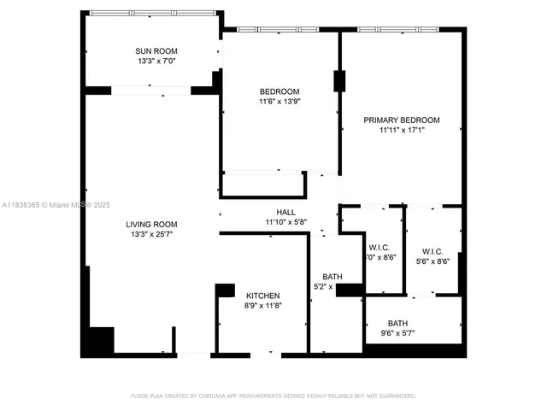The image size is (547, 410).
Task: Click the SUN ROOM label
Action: pyautogui.click(x=156, y=50)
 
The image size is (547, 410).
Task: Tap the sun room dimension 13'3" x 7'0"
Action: pyautogui.click(x=156, y=61)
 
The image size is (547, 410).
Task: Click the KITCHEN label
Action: pyautogui.click(x=262, y=296)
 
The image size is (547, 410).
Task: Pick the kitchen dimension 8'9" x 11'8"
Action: pyautogui.click(x=262, y=306)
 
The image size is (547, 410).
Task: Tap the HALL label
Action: pyautogui.click(x=285, y=212)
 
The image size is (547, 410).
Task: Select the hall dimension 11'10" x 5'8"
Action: pyautogui.click(x=285, y=222)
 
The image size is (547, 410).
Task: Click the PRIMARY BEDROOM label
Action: pyautogui.click(x=402, y=120)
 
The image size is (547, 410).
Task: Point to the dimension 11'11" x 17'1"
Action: pyautogui.click(x=402, y=131)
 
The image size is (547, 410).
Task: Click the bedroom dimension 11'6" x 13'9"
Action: pyautogui.click(x=279, y=102)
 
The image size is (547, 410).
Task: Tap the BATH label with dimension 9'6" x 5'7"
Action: pyautogui.click(x=397, y=323)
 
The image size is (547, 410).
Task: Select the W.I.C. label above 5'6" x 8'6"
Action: pyautogui.click(x=431, y=251)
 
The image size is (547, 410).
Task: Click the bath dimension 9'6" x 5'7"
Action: pyautogui.click(x=397, y=333)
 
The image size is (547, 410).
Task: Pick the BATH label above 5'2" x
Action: pyautogui.click(x=332, y=277)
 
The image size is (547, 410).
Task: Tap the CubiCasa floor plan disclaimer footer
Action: pyautogui.click(x=273, y=395)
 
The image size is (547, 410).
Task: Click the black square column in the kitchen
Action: pyautogui.click(x=225, y=290)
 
